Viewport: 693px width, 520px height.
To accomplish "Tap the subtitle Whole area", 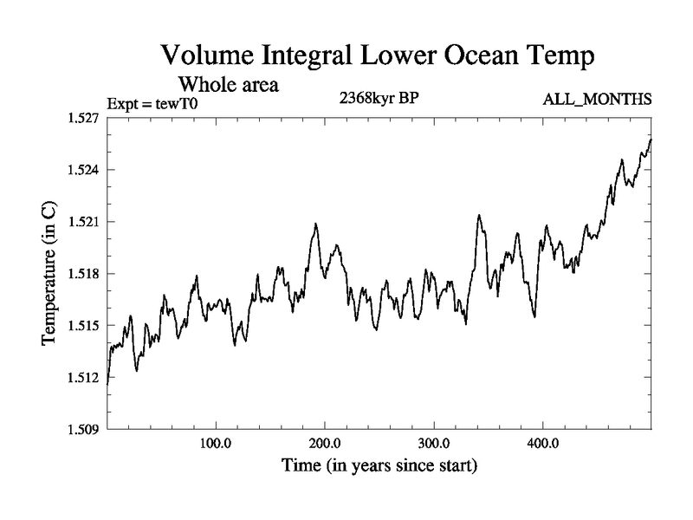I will point(228,85).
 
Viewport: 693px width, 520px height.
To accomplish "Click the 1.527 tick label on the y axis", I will point(84,117).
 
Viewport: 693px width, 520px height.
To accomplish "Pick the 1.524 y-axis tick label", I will point(84,169).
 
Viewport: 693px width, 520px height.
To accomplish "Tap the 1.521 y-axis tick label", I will point(84,221).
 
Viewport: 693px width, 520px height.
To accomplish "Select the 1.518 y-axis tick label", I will point(84,273).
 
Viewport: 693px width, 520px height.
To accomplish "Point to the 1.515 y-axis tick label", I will point(84,325).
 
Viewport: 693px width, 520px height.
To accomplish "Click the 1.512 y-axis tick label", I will point(84,377).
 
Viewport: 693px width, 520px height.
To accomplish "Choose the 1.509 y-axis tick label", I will point(84,429).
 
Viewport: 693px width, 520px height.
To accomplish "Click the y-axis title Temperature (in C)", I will point(49,273).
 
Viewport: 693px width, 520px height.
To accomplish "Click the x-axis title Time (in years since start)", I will point(379,465).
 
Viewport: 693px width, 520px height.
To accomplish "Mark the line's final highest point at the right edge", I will point(651,139).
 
